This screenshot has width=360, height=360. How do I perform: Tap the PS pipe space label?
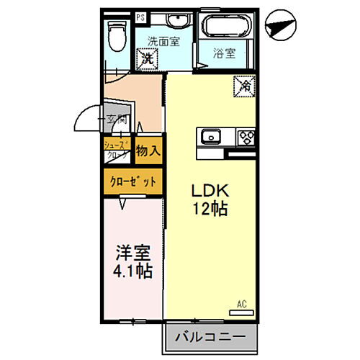[140, 14]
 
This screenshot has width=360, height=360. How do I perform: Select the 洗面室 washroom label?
[163, 41]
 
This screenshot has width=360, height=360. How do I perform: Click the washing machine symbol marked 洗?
[148, 57]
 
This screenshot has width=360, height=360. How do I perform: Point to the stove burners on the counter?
[246, 136]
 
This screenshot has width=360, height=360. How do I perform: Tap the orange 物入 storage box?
[149, 151]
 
